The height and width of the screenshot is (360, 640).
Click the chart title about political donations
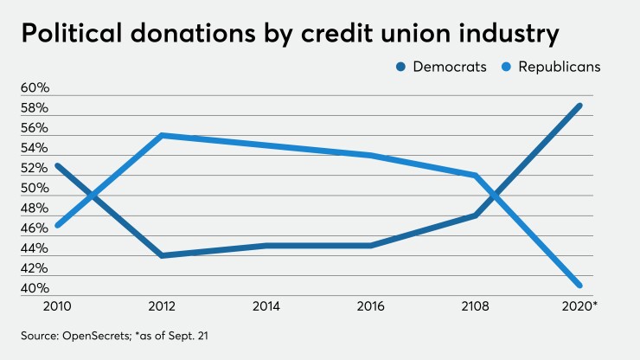tap(285, 37)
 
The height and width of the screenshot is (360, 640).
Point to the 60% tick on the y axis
tap(35, 88)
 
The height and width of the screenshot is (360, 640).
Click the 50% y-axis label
tap(35, 189)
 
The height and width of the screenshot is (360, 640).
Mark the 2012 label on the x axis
tap(162, 305)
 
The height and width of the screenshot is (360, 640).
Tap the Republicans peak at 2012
tap(162, 135)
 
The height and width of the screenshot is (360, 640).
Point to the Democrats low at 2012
tap(162, 255)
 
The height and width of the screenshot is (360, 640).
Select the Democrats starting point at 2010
tap(57, 165)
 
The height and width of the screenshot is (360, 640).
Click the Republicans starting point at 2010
tap(57, 225)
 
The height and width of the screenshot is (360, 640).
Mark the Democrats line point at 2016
tap(371, 245)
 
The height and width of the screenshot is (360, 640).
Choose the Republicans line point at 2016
tap(371, 155)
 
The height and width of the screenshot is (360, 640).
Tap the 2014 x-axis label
tap(266, 305)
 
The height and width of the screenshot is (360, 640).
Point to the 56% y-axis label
tap(35, 128)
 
